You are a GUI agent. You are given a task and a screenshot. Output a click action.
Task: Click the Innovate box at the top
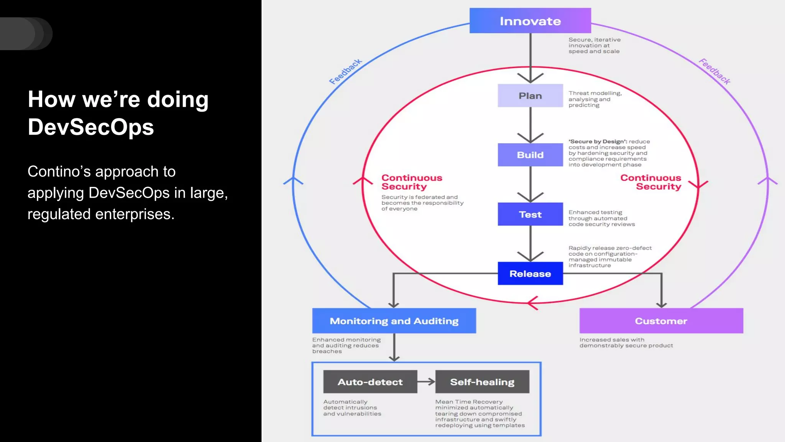coord(530,21)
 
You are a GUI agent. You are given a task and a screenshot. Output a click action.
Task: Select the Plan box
coord(530,96)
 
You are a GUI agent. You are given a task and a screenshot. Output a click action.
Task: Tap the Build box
coord(530,155)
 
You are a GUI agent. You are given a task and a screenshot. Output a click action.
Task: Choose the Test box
coord(530,214)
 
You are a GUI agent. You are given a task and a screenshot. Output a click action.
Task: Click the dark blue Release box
coord(530,274)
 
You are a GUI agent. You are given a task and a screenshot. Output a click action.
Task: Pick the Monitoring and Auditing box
coord(394,321)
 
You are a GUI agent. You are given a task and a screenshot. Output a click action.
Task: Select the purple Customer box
coord(661,321)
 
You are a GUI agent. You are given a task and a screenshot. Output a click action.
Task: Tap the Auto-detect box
coord(370,382)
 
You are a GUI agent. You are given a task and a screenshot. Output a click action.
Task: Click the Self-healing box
coord(482,382)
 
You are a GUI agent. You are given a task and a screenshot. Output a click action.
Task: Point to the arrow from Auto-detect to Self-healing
coord(426,381)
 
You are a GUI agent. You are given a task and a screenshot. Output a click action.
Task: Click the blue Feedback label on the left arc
coord(345,71)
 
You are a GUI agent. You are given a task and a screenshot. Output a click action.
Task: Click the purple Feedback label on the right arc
coord(714,71)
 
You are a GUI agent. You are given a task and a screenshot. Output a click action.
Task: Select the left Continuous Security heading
coord(412,182)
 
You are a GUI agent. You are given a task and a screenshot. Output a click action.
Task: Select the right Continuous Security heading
coord(651,182)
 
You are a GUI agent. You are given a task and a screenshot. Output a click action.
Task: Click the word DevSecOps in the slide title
coord(91,127)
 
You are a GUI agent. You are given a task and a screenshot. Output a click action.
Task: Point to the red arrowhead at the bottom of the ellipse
coord(533,303)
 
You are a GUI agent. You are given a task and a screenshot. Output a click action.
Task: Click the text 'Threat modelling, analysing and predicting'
coord(595,99)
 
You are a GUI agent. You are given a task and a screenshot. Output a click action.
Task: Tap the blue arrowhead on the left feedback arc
coord(293,180)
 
